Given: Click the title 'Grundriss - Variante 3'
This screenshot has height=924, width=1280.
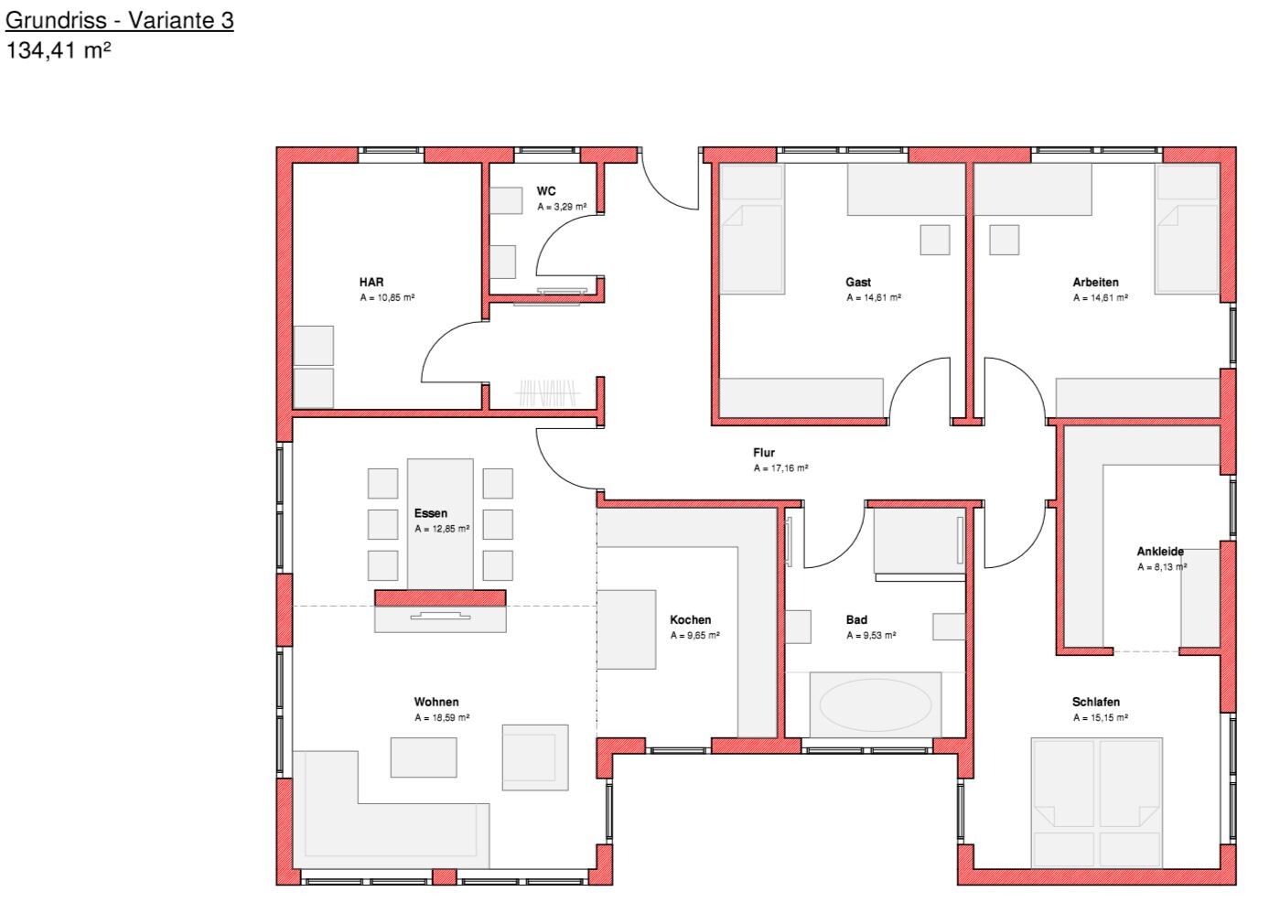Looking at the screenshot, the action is (120, 20).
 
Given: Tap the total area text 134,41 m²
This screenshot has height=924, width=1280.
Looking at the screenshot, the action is (58, 50).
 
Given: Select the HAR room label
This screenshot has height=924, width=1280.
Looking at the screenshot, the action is (371, 283).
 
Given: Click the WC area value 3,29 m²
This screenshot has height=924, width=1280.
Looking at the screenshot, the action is (562, 206).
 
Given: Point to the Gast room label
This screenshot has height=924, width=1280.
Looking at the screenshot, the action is (858, 283).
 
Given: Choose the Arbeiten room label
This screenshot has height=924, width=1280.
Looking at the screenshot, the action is (1095, 283).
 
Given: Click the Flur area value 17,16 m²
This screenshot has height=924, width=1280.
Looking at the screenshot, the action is (780, 468).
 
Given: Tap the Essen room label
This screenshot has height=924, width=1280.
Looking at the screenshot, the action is (431, 513).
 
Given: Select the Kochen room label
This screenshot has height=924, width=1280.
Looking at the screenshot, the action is (690, 619).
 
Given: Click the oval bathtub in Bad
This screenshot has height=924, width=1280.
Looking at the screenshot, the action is (876, 705).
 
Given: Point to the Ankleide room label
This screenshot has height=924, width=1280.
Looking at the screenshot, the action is (1160, 552).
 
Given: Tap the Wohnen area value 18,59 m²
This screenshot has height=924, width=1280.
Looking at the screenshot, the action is (442, 717).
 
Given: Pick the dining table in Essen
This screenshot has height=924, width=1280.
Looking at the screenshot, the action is (440, 524).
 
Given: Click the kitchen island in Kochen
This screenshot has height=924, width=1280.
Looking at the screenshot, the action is (627, 629).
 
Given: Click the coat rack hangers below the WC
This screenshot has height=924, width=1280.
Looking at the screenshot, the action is (547, 392).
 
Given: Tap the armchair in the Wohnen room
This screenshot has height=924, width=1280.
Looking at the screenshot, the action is (535, 757).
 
